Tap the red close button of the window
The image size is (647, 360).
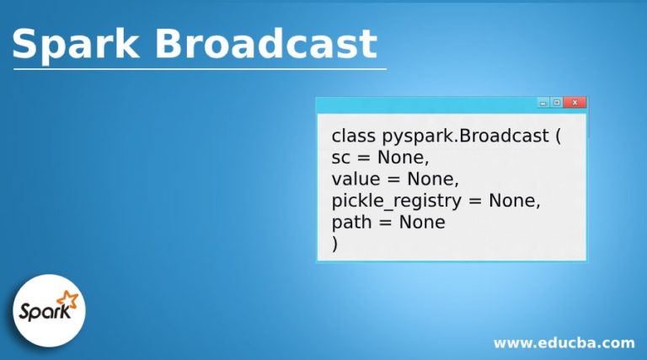pyautogui.click(x=575, y=103)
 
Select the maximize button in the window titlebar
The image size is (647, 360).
pyautogui.click(x=557, y=103)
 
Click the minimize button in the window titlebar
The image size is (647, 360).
pyautogui.click(x=543, y=103)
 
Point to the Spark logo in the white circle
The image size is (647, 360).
pyautogui.click(x=49, y=310)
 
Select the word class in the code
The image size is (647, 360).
pyautogui.click(x=354, y=135)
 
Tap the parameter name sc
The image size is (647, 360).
pyautogui.click(x=340, y=158)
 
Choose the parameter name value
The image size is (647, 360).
pyautogui.click(x=356, y=179)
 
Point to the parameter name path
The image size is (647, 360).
pyautogui.click(x=350, y=223)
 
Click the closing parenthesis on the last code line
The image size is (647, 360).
pyautogui.click(x=335, y=244)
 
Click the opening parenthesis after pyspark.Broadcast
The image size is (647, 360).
pyautogui.click(x=557, y=136)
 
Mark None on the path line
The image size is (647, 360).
pyautogui.click(x=422, y=223)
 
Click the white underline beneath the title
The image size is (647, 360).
pyautogui.click(x=200, y=69)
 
